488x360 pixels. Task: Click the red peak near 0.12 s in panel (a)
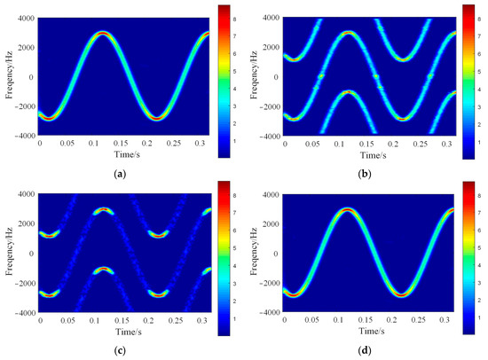click(104, 34)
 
